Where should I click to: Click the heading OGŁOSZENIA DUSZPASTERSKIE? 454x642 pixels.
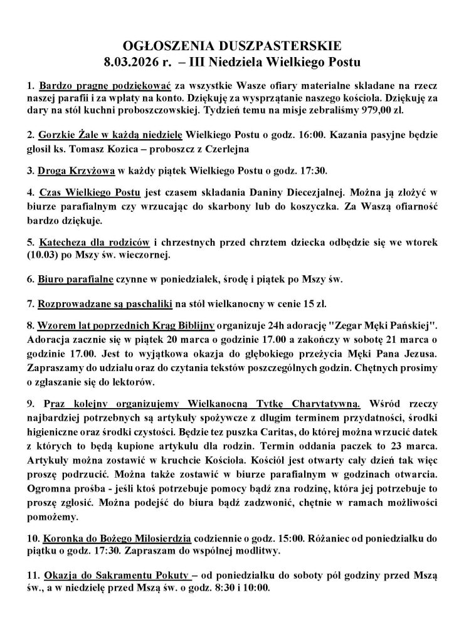[227, 46]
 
